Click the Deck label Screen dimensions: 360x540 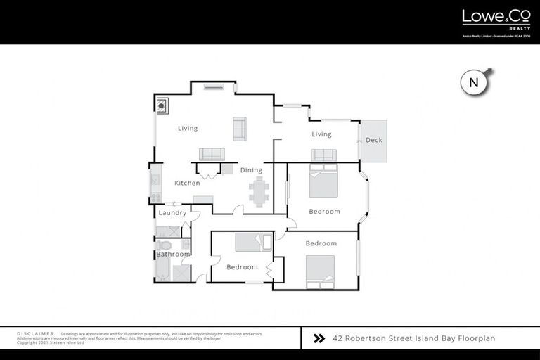(374, 140)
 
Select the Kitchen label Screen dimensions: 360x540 (187, 183)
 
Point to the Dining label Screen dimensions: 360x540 (251, 170)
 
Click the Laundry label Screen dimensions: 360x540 (172, 213)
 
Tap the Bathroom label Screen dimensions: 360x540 (173, 254)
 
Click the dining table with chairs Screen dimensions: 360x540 (258, 192)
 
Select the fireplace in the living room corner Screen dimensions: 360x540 (162, 105)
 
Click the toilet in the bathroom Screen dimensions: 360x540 (165, 245)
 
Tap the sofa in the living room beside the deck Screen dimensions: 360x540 (323, 155)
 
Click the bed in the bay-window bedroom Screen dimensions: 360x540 (324, 181)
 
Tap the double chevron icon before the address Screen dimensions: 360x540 (318, 338)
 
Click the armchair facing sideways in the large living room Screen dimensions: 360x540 (240, 128)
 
